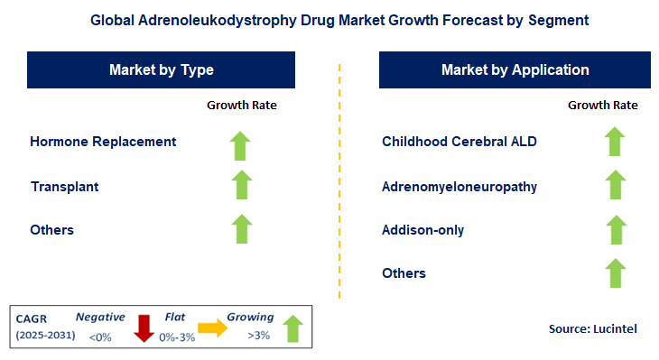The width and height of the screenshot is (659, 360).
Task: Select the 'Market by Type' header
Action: [x=162, y=69]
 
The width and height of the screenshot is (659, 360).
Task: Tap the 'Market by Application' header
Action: [x=515, y=69]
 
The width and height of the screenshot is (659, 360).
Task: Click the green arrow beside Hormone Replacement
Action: [x=241, y=144]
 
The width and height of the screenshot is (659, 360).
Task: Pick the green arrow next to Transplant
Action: [x=241, y=185]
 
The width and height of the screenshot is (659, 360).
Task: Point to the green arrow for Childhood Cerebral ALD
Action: [x=615, y=142]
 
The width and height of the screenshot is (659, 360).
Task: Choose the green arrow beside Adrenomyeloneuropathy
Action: [x=615, y=185]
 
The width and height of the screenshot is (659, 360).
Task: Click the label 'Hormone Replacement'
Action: [x=103, y=142]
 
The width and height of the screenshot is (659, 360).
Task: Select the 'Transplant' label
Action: [x=64, y=187]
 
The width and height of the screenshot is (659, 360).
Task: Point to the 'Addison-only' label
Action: [x=423, y=230]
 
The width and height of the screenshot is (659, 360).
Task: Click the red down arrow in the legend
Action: [x=144, y=327]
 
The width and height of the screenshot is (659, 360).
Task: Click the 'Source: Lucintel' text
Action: [x=592, y=329]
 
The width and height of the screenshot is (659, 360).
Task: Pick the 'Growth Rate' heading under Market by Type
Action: [x=242, y=106]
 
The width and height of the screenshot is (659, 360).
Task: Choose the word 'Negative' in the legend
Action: [x=100, y=318]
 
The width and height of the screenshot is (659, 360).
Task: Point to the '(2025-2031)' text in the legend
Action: [x=43, y=337]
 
